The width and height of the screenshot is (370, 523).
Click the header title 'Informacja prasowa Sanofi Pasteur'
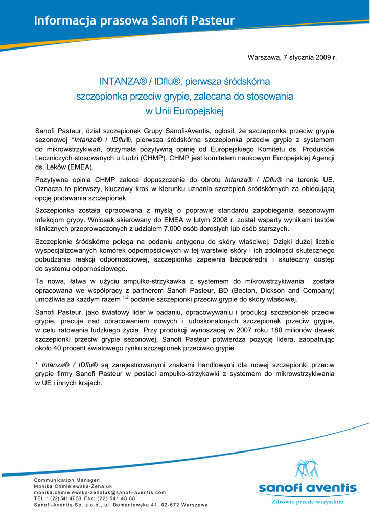point(134,21)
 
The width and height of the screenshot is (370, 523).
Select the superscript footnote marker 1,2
point(125,297)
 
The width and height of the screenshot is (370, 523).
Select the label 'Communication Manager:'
point(67,480)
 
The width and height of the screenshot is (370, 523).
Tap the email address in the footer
point(100,492)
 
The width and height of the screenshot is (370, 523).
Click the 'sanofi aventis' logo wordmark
point(307,488)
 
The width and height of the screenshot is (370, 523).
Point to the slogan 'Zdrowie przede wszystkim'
point(307,502)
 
